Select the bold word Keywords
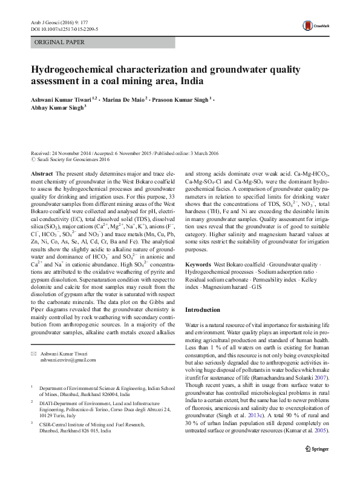click(198, 265)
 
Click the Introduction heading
click(203, 309)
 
